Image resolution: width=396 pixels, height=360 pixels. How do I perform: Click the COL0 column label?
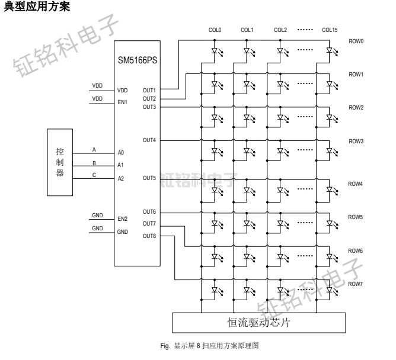(x=214, y=30)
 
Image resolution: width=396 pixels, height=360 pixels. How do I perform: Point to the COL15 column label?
(x=330, y=30)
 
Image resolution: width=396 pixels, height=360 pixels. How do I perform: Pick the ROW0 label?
(x=356, y=41)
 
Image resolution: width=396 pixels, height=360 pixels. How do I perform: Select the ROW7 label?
(x=356, y=284)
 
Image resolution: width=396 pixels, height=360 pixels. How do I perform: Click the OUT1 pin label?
(x=149, y=91)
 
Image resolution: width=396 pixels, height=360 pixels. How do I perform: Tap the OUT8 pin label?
(x=149, y=236)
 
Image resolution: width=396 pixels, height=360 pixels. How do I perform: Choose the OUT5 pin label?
(x=149, y=178)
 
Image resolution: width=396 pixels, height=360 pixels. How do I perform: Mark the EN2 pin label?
(x=123, y=219)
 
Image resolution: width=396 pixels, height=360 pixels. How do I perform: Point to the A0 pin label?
(x=121, y=153)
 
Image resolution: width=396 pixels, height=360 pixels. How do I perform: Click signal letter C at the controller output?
(x=94, y=173)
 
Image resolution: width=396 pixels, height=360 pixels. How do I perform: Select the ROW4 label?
(x=356, y=184)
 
